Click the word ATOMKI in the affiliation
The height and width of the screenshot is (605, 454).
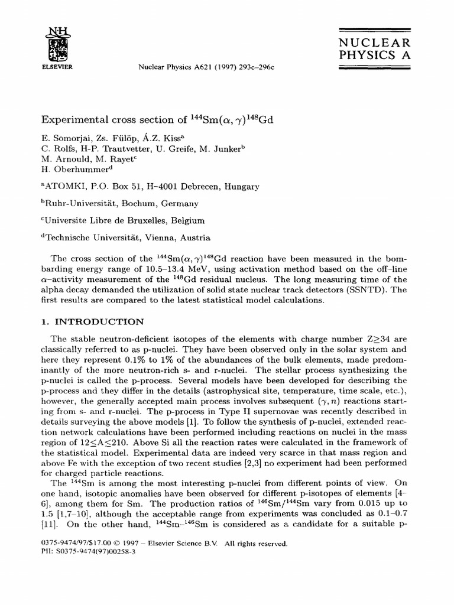click(x=64, y=187)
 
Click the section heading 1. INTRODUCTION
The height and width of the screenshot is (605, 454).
click(x=92, y=322)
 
